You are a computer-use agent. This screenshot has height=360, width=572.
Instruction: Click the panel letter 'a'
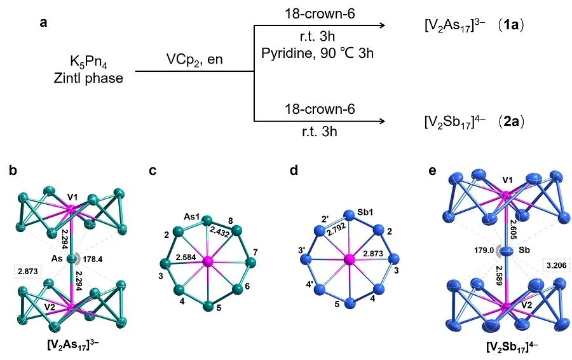click(44, 23)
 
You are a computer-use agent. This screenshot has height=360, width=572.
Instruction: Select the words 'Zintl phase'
click(88, 78)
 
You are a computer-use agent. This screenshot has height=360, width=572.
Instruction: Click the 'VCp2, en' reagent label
click(194, 60)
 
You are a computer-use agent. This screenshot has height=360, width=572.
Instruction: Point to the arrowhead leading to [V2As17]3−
click(383, 25)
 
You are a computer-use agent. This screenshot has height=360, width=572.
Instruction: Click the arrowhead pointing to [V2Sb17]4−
click(383, 121)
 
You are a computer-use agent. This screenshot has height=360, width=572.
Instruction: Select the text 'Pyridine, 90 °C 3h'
click(317, 53)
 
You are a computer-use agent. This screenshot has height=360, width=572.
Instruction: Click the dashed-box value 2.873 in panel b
click(27, 272)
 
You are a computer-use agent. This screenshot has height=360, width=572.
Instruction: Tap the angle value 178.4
click(93, 260)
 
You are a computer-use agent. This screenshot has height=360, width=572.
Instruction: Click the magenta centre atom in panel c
click(208, 261)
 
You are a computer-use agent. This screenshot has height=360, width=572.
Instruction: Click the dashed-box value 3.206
click(556, 265)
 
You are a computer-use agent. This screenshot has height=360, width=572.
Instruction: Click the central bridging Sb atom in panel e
click(507, 252)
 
